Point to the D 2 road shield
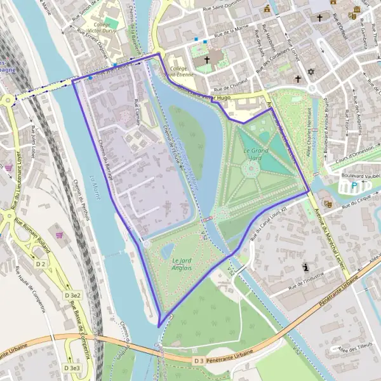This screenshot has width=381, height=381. click(41, 263)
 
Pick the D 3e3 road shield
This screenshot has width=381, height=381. click(72, 368)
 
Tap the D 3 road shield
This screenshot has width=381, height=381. click(199, 360)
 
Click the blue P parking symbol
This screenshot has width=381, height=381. click(354, 187)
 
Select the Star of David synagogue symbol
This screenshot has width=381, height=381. click(311, 72)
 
